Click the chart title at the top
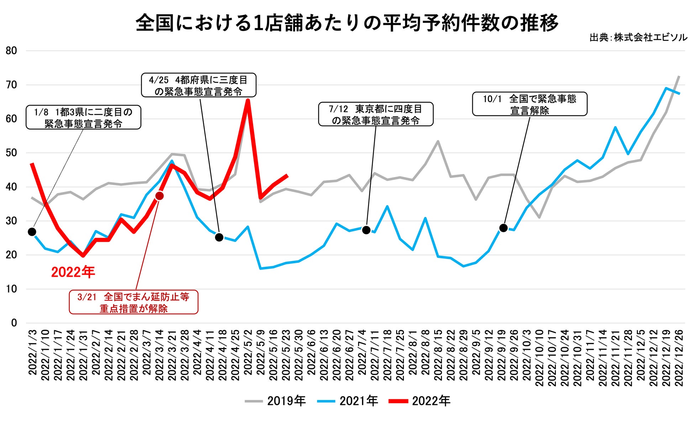click(347, 22)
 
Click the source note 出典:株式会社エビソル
click(638, 38)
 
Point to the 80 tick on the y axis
click(11, 51)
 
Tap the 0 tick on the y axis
click(14, 323)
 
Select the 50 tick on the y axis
click(11, 153)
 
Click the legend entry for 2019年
click(275, 401)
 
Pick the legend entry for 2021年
click(348, 401)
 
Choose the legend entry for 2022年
click(420, 401)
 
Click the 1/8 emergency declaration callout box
click(83, 117)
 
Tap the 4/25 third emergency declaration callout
click(199, 85)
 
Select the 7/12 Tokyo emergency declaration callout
click(375, 114)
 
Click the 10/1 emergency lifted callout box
click(529, 104)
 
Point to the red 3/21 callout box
click(133, 302)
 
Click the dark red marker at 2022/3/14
click(159, 196)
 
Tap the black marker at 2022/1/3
click(32, 232)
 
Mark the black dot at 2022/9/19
click(503, 228)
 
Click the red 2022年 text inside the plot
click(73, 272)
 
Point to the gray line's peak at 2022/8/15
click(438, 141)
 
